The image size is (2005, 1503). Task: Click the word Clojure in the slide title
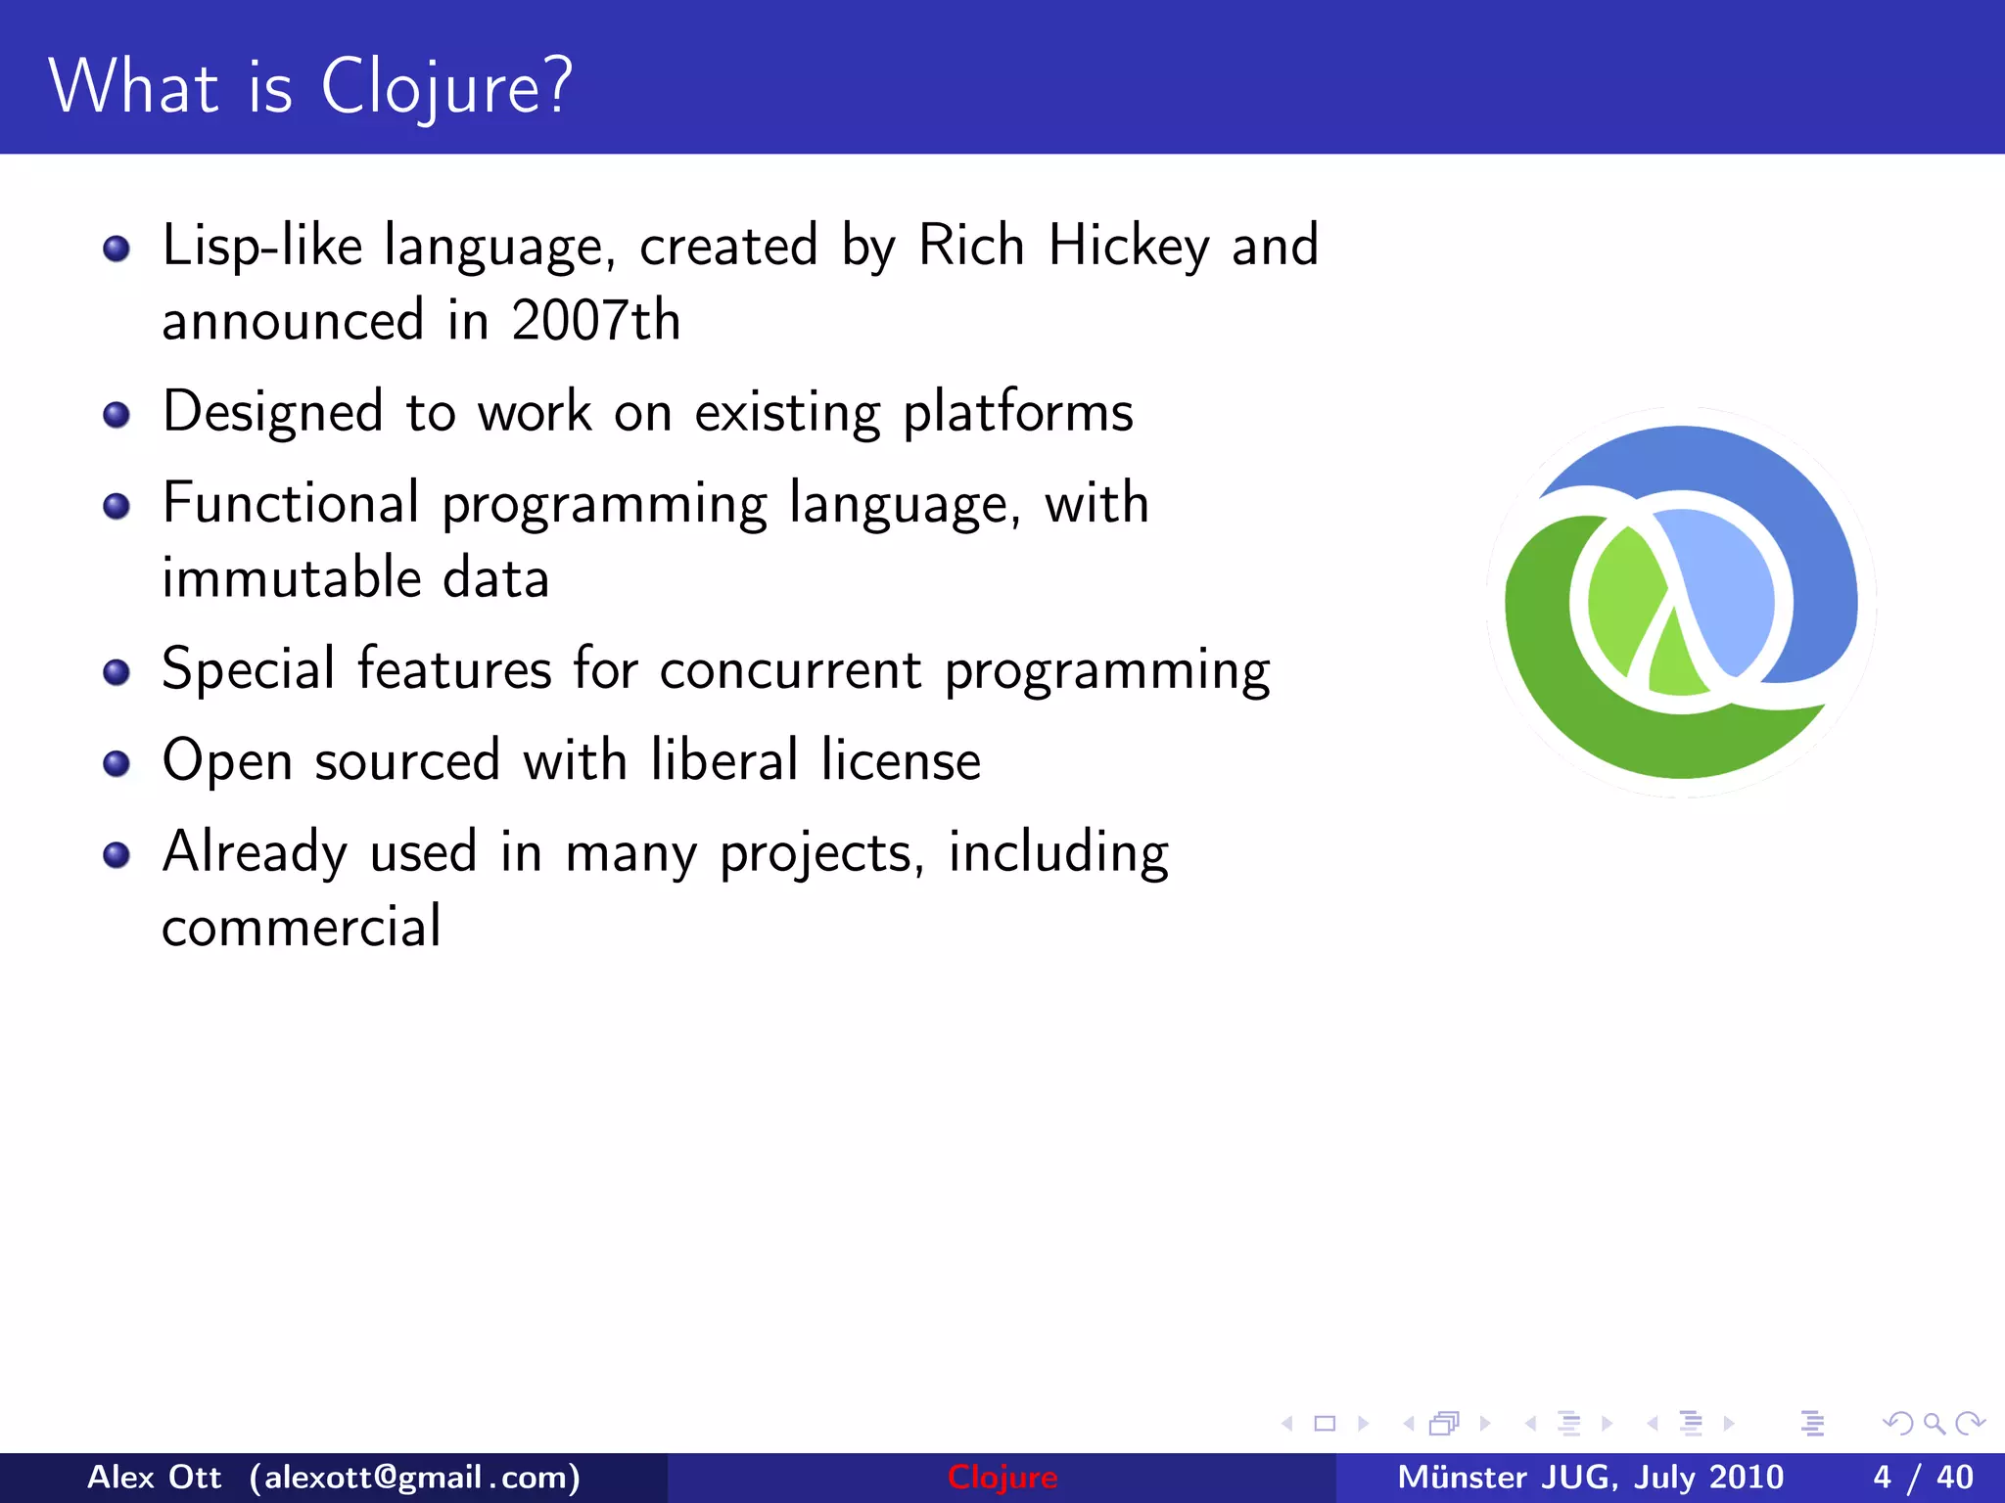[444, 88]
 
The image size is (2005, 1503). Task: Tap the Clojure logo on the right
[1681, 602]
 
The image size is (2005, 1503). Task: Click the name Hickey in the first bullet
[1128, 246]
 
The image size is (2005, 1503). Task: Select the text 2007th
[595, 321]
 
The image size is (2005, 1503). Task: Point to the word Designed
[272, 412]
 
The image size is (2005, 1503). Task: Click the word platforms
[1017, 412]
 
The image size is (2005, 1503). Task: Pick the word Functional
[291, 504]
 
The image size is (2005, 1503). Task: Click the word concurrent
[790, 670]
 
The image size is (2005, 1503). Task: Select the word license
[901, 761]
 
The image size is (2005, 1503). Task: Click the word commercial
[302, 927]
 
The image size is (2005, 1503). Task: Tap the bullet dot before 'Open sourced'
[117, 763]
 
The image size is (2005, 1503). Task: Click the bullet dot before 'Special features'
[117, 672]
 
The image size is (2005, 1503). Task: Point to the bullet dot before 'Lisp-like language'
[117, 249]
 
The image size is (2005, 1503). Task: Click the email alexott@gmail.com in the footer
[414, 1477]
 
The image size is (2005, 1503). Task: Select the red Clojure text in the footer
[1002, 1477]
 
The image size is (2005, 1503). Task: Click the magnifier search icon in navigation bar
[1934, 1423]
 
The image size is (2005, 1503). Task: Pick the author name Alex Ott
[155, 1477]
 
